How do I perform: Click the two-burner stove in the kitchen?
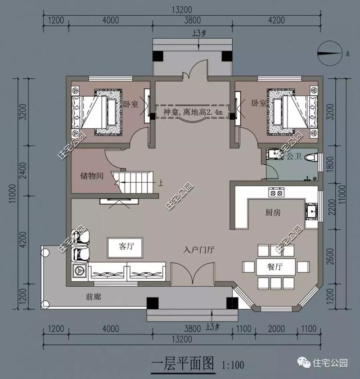276,192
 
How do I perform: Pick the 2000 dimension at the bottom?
275,328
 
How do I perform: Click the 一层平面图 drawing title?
182,364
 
